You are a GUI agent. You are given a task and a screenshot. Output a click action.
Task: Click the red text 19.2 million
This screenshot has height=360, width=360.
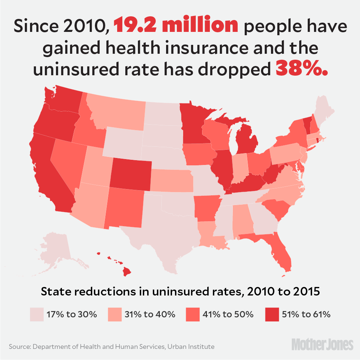click(x=176, y=26)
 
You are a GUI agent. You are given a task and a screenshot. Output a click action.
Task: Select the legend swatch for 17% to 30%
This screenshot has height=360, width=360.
click(x=36, y=314)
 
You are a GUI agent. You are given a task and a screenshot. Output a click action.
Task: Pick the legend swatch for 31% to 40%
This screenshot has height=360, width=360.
click(x=115, y=314)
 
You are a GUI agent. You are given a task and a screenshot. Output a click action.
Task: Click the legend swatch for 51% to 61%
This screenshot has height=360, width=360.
click(x=272, y=314)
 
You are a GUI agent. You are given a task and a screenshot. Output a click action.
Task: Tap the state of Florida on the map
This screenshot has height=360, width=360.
click(x=279, y=252)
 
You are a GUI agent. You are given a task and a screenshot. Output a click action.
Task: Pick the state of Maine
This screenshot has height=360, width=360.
click(x=323, y=109)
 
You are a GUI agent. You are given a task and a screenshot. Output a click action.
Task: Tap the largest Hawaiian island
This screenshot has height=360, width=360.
click(x=127, y=272)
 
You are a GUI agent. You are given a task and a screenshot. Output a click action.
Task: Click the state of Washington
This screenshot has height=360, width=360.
click(x=63, y=99)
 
